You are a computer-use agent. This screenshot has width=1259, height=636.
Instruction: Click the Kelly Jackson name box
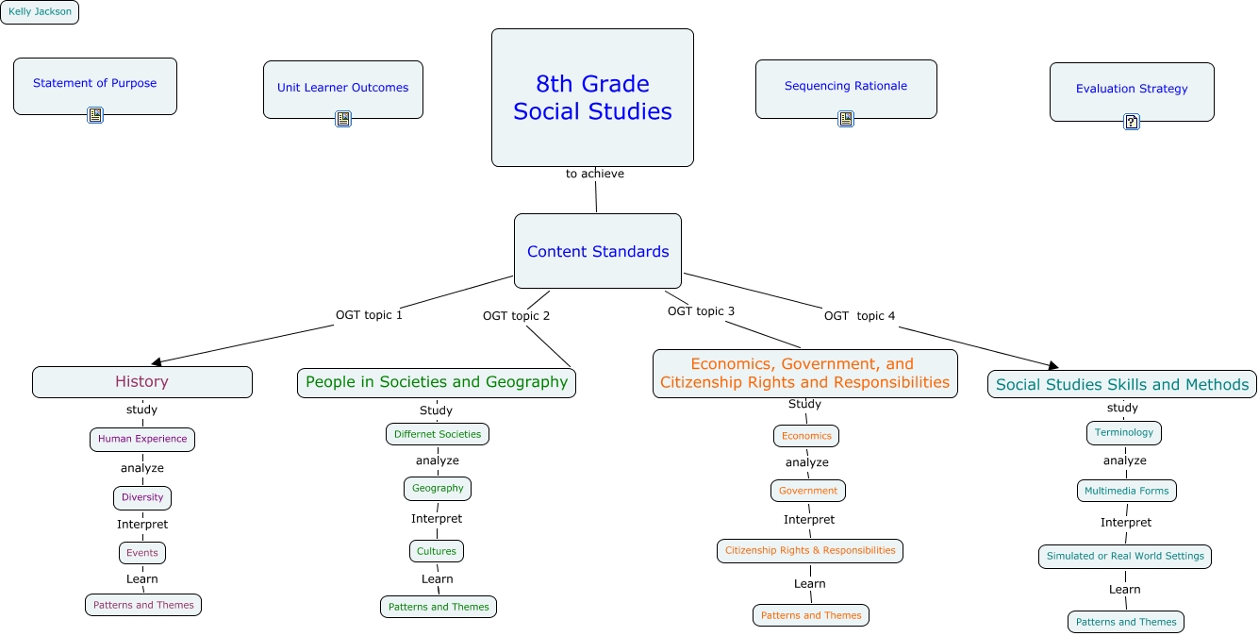point(40,12)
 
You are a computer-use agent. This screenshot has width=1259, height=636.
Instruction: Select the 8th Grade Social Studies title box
point(592,97)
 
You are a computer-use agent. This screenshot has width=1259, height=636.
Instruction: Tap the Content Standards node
point(597,251)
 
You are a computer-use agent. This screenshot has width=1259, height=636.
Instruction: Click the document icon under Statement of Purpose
point(95,115)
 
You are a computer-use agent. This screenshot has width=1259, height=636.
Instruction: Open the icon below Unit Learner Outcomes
point(343,119)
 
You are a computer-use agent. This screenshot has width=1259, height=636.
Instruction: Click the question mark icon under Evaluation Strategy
point(1132,122)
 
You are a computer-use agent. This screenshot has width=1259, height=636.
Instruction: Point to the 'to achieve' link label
point(594,174)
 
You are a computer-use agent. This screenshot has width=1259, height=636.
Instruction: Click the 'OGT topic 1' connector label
point(369,315)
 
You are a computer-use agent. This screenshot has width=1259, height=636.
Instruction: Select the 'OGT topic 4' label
point(859,316)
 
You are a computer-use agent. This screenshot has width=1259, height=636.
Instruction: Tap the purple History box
point(142,382)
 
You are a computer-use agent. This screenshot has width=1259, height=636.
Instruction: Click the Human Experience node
point(142,439)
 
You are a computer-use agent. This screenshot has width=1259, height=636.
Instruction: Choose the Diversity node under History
point(142,497)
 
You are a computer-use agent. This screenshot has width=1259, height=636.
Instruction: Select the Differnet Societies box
point(438,434)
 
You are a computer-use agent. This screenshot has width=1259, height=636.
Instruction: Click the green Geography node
point(438,489)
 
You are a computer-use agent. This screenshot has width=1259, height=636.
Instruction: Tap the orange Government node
point(808,491)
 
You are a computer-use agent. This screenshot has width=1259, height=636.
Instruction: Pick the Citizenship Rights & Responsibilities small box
point(810,550)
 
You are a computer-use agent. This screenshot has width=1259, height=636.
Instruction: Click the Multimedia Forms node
point(1126,491)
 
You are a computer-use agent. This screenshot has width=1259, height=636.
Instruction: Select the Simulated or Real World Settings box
point(1125,556)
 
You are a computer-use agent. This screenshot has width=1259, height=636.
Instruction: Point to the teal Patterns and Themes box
point(1126,622)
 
